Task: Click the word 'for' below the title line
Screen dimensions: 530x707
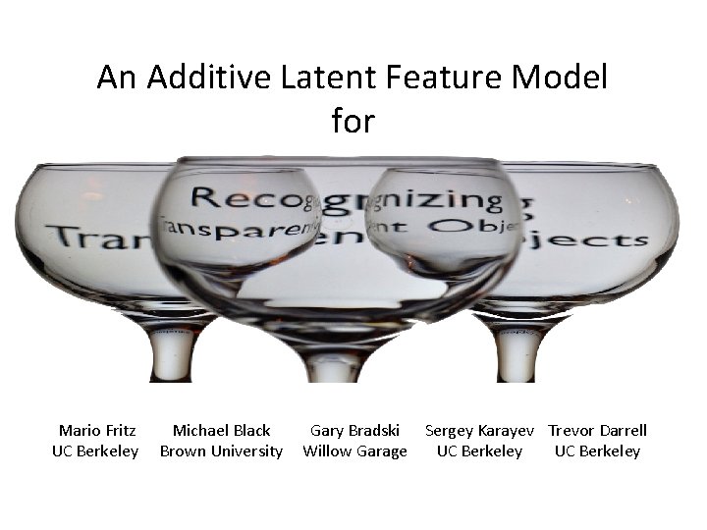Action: pyautogui.click(x=353, y=122)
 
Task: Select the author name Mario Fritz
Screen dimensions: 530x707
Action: pyautogui.click(x=97, y=430)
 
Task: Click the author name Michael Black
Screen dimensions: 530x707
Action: pyautogui.click(x=221, y=430)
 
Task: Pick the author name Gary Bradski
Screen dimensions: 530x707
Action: pyautogui.click(x=354, y=430)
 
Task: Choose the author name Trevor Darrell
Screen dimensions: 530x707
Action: pyautogui.click(x=597, y=430)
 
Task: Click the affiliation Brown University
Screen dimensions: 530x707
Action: pyautogui.click(x=221, y=451)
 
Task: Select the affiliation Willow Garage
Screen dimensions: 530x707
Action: pyautogui.click(x=354, y=451)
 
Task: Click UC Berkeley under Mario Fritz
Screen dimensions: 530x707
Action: pyautogui.click(x=95, y=451)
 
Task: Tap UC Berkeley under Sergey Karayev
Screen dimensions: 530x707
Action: pyautogui.click(x=479, y=451)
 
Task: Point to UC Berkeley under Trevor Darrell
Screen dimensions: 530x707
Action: pyautogui.click(x=597, y=451)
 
